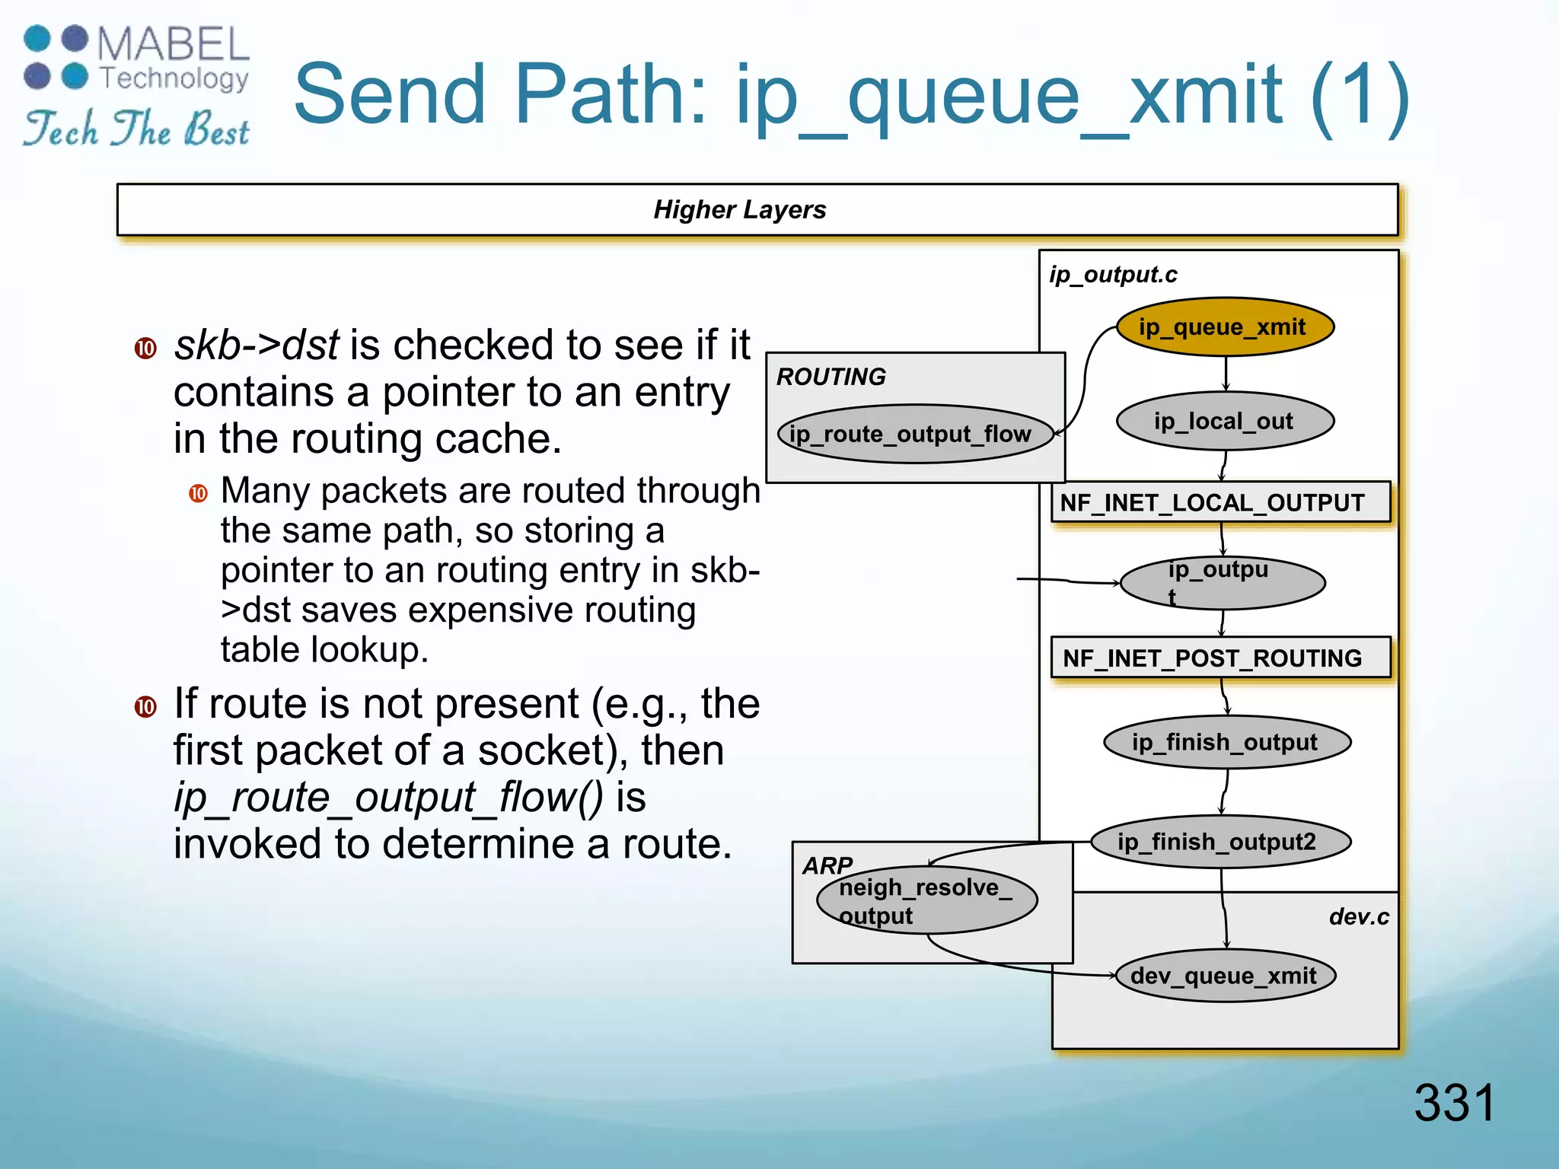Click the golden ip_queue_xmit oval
pos(1224,327)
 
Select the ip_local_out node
pos(1224,421)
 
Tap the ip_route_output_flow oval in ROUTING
pos(914,434)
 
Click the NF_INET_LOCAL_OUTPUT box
pos(1219,502)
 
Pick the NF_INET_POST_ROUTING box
pos(1219,658)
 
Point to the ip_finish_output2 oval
pos(1220,842)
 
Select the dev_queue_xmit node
pos(1224,976)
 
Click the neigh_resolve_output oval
pos(926,901)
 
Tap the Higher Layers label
pos(739,209)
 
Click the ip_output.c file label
pos(1112,275)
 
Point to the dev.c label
pos(1358,916)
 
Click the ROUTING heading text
pos(831,377)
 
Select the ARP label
pos(827,865)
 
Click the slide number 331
pos(1454,1102)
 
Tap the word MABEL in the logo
pos(174,44)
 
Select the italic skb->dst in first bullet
pos(256,346)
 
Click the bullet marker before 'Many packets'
pos(199,493)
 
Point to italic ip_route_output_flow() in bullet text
pos(388,798)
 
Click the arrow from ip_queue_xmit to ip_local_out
pos(1226,374)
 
